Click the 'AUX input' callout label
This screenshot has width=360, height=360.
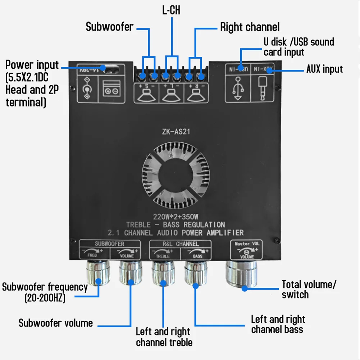coord(324,69)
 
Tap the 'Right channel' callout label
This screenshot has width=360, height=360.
coord(250,27)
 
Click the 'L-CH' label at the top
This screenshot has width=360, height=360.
coord(171,10)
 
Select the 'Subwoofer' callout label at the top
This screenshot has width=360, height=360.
coord(109,27)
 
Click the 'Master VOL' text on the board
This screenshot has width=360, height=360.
coord(247,243)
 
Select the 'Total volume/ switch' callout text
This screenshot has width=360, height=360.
coord(308,290)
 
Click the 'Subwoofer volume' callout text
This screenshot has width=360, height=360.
coord(56,323)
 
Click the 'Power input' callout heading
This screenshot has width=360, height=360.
coord(32,65)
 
